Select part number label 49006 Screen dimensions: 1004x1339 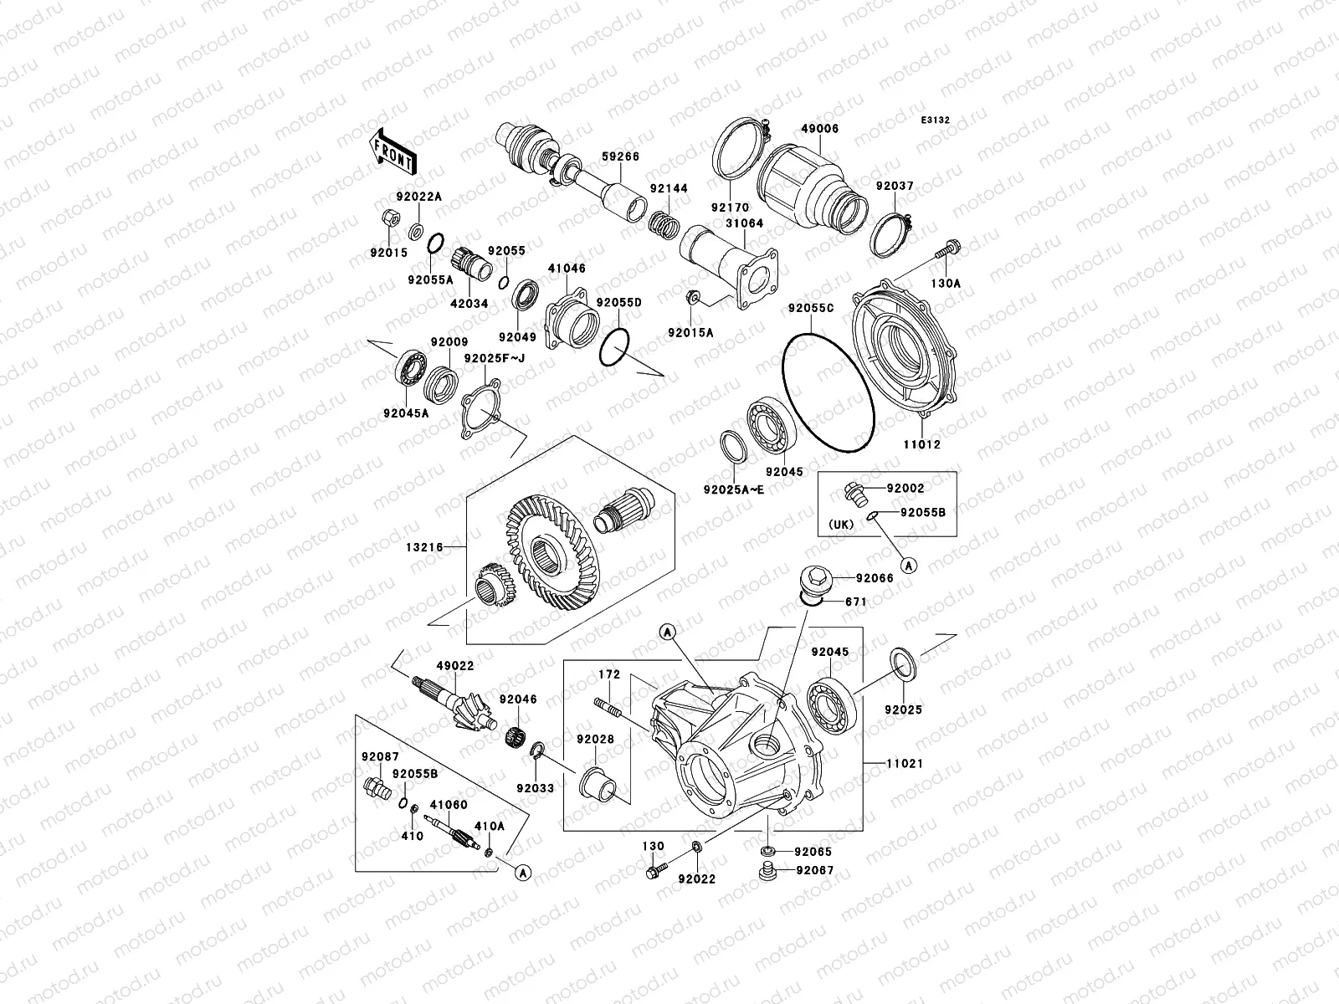coord(819,129)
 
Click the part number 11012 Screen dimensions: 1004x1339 coord(921,445)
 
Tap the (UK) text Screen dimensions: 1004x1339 coord(841,525)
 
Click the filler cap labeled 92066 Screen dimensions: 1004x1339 coord(814,579)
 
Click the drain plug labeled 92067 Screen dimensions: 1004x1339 coord(764,873)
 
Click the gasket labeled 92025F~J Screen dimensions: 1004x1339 coord(481,409)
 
